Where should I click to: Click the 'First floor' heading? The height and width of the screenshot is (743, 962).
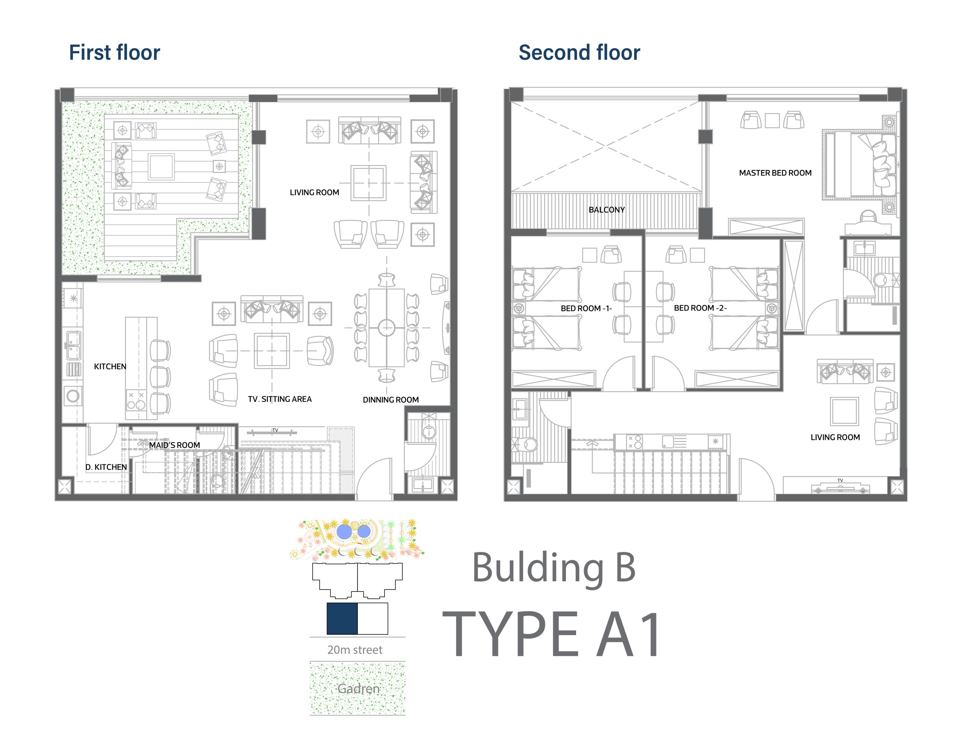point(115,52)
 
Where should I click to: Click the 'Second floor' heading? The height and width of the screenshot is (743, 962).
point(579,52)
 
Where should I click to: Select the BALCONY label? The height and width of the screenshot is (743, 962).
point(607,210)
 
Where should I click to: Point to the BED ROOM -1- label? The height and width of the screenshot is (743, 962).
point(586,308)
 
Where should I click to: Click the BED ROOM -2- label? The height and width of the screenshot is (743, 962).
point(700,308)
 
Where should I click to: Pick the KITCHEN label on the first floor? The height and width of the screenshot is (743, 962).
point(110,366)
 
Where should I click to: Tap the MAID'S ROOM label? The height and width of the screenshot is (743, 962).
point(174,445)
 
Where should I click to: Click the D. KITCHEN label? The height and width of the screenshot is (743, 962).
point(106,467)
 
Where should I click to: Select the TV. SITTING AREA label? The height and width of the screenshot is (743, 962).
point(280,399)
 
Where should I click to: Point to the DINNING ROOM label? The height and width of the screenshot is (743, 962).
point(391,400)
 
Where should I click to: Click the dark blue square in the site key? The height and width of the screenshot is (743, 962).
point(342,618)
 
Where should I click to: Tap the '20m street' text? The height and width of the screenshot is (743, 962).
point(355,650)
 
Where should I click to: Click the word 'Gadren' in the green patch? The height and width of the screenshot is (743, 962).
point(358,688)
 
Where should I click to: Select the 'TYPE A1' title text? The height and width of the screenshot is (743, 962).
point(552,634)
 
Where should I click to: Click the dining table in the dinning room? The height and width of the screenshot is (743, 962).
point(386,328)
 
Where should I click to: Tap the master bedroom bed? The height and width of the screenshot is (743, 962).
point(859,165)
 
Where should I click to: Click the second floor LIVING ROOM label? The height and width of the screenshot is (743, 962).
point(835,437)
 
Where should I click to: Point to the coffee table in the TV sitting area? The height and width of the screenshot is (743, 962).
point(272,351)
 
